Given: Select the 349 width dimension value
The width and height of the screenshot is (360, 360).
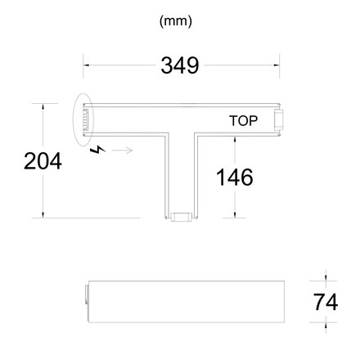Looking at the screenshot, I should pyautogui.click(x=180, y=65).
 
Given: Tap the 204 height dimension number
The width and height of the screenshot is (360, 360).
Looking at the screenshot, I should pyautogui.click(x=42, y=161).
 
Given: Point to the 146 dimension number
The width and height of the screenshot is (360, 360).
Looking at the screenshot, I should pyautogui.click(x=234, y=175).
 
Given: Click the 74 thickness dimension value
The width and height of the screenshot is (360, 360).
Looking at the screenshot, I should pyautogui.click(x=325, y=302).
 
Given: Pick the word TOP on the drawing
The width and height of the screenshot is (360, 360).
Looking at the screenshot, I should pyautogui.click(x=244, y=121).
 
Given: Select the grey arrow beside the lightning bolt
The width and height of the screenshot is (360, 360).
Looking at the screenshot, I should pyautogui.click(x=123, y=151).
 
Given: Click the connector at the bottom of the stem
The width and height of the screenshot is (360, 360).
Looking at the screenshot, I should pyautogui.click(x=181, y=216).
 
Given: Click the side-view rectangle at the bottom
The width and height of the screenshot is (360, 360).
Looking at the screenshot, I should pyautogui.click(x=183, y=303).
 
